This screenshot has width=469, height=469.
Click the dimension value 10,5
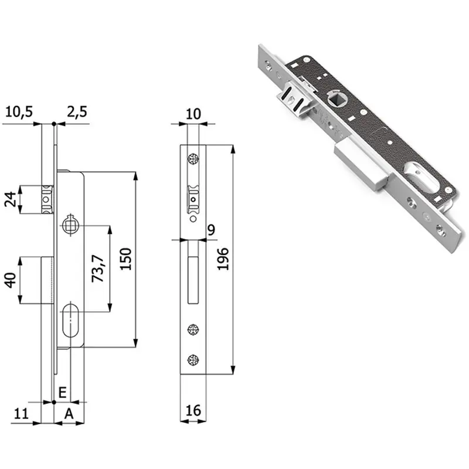[x=19, y=112]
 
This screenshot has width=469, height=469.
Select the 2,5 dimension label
[x=77, y=112]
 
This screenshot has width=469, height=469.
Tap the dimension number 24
[x=11, y=199]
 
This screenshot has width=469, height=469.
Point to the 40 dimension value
[x=11, y=280]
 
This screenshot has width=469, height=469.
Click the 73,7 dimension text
[x=98, y=269]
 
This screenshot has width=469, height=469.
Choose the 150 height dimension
[x=125, y=259]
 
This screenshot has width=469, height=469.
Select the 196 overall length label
[x=223, y=259]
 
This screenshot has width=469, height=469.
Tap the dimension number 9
[x=211, y=230]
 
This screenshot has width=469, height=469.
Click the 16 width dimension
[x=193, y=411]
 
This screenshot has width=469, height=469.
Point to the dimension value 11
[x=21, y=414]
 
